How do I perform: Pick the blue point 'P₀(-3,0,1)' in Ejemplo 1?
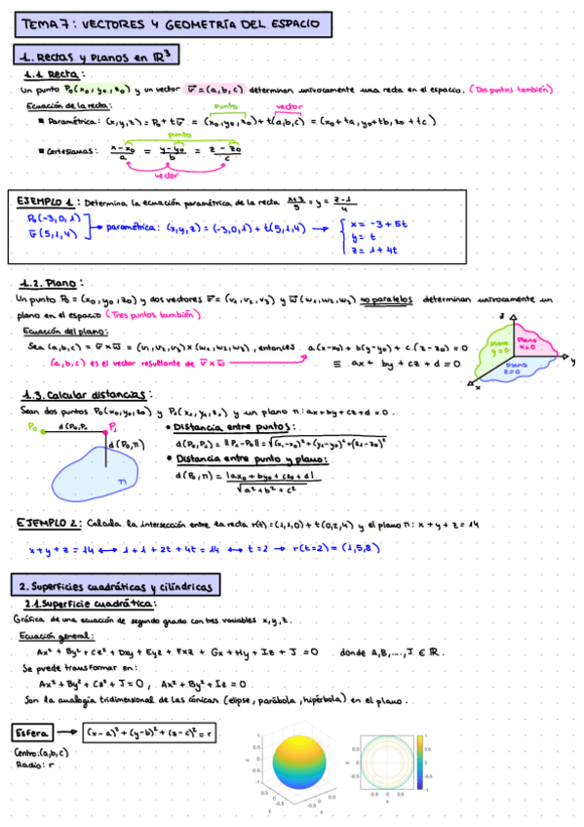(53, 218)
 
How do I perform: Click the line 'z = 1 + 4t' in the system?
(374, 252)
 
